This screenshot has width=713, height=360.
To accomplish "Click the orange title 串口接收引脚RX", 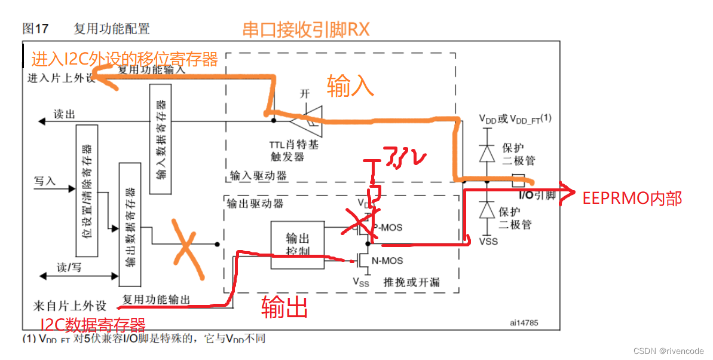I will pos(305,29).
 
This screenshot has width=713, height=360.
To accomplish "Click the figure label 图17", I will pos(35,28).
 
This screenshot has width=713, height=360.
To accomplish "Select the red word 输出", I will pos(284,307).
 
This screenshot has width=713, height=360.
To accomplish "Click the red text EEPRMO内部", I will pos(632,199).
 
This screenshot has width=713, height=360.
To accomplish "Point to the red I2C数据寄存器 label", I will pos(93,326).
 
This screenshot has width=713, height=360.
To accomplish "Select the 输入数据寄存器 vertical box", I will pos(160,139).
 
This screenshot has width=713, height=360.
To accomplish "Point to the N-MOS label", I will pos(387,261).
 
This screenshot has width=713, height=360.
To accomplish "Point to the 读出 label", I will pos(63,114).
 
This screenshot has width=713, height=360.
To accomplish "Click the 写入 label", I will pos(45,181).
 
